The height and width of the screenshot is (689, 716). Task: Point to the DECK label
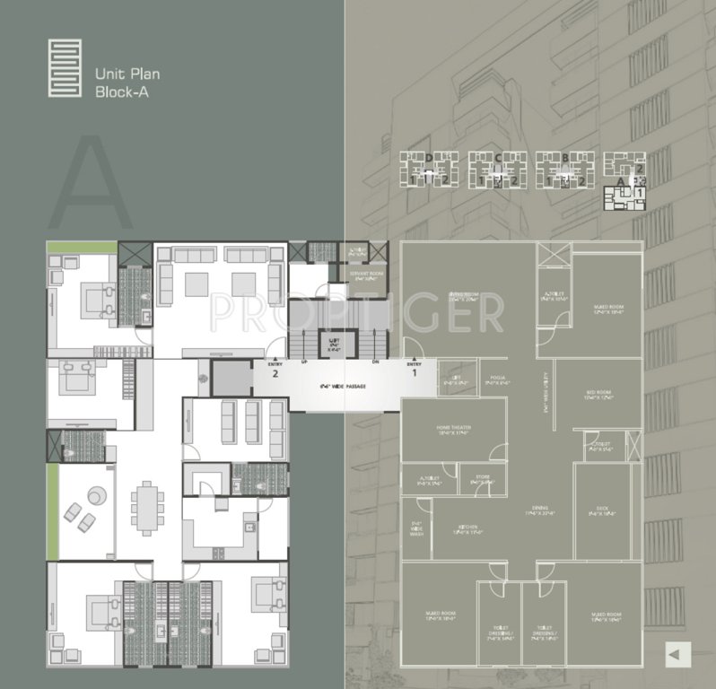click(600, 513)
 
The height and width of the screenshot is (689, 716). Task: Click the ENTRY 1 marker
click(413, 367)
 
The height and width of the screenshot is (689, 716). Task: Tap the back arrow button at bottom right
click(675, 656)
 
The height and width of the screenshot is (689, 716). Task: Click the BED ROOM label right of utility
click(597, 395)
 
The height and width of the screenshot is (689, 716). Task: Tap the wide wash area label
click(416, 530)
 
